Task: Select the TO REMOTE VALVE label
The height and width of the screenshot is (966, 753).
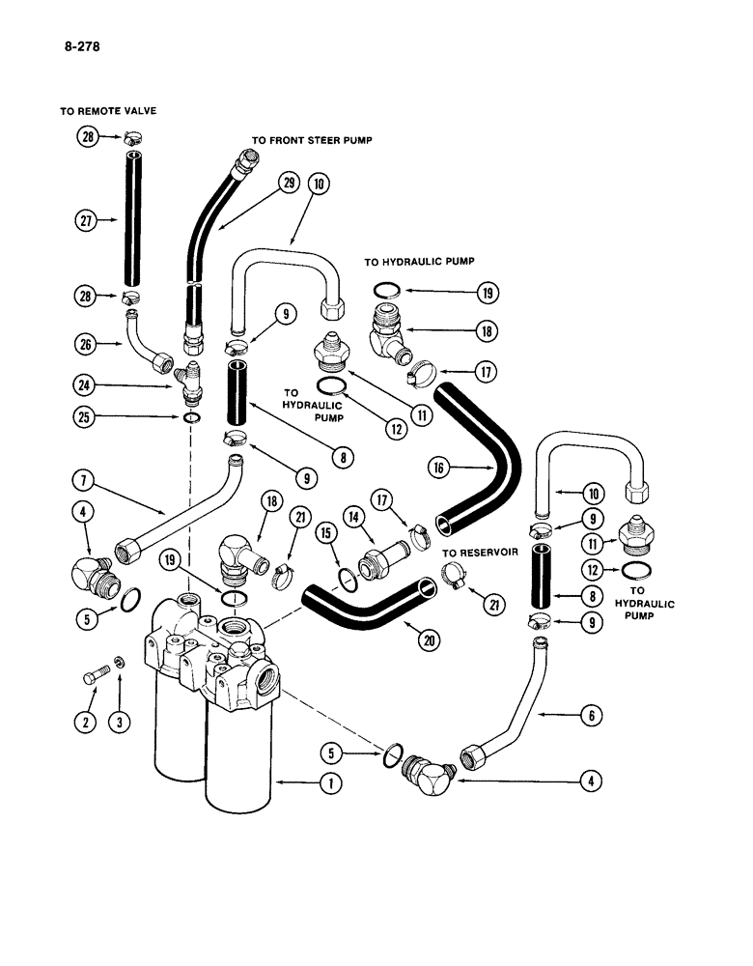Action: click(x=108, y=111)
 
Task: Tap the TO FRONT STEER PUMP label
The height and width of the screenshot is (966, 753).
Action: click(x=312, y=140)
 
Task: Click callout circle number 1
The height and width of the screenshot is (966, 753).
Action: click(x=331, y=784)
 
